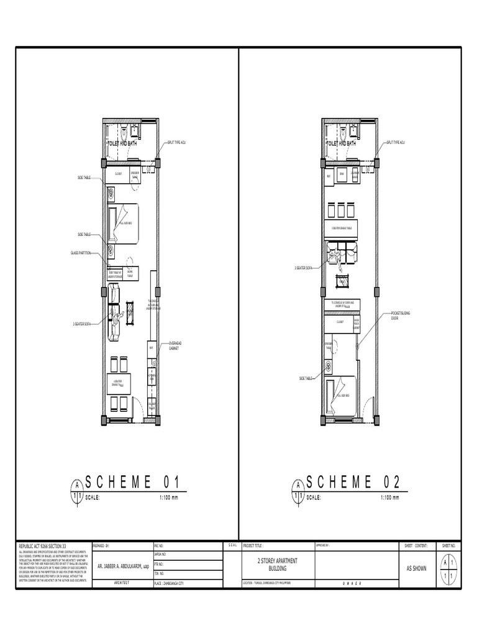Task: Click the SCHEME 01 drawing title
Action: tap(132, 482)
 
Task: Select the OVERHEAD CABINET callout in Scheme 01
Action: tap(175, 345)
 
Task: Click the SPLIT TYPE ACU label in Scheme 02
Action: tap(397, 142)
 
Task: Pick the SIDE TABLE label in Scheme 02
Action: tap(307, 378)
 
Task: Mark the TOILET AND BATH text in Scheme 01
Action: tap(123, 143)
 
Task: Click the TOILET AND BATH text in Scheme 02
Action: tap(341, 143)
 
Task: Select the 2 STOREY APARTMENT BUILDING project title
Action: tap(277, 564)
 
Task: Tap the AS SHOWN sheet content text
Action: tap(416, 568)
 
